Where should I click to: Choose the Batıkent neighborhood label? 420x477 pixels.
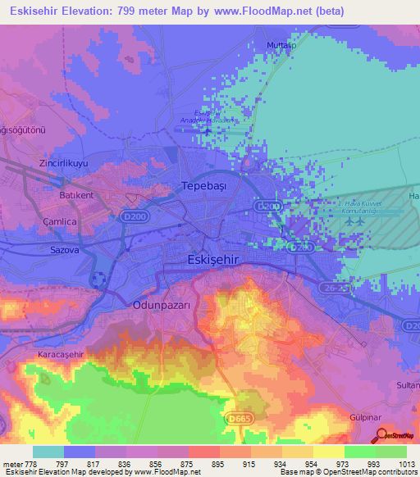pos(56,197)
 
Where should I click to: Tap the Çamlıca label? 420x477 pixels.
pos(41,222)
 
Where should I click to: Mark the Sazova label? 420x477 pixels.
pos(41,251)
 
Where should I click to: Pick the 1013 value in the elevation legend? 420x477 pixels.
pos(395,463)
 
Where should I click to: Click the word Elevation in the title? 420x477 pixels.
pos(89,11)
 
